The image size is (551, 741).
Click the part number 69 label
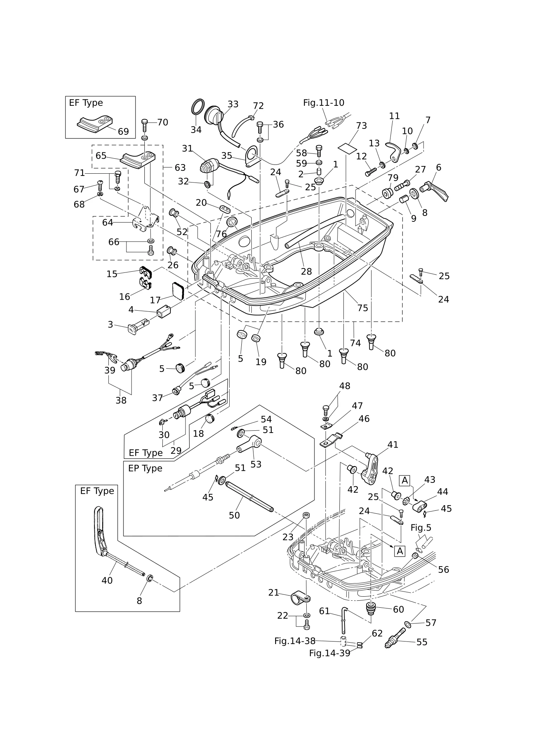123,131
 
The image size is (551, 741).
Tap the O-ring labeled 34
198,107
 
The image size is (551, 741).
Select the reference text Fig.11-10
324,103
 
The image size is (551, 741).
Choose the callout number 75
363,308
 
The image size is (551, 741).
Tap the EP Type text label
145,469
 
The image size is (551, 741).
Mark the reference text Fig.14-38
295,641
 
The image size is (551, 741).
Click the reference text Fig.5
421,528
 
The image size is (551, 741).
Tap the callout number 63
180,168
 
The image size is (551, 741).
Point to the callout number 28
306,271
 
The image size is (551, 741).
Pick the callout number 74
355,343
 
